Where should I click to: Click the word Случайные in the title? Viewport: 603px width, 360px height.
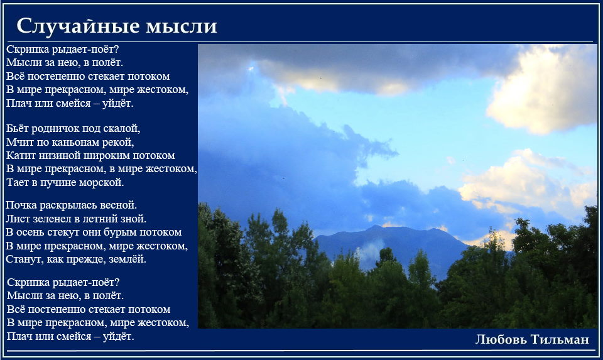[x=78, y=26]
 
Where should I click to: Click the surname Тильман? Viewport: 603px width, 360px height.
[x=560, y=339]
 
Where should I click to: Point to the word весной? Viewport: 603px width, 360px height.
[x=118, y=205]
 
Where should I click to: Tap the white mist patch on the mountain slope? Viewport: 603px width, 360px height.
[x=371, y=250]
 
